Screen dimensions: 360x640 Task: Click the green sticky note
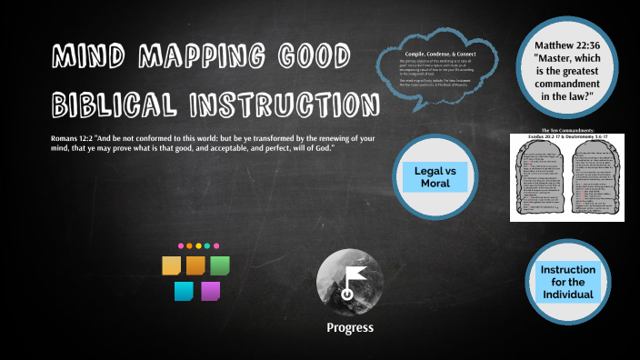click(220, 265)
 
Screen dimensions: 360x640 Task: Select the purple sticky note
click(210, 292)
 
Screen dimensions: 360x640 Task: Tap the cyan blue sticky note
click(184, 292)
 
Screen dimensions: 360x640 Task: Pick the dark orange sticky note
click(195, 265)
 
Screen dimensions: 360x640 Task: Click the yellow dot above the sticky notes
click(198, 245)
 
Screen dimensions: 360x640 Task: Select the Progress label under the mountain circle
click(349, 328)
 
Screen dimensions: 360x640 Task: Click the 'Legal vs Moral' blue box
click(435, 176)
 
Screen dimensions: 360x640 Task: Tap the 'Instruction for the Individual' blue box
click(567, 283)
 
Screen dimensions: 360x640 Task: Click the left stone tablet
click(542, 177)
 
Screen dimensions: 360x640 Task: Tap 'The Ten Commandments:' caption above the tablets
click(567, 129)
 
